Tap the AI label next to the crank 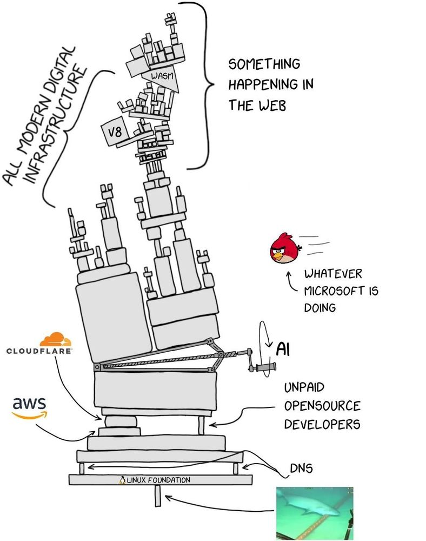click(283, 349)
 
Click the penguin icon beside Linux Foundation click(122, 479)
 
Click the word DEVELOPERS click(322, 424)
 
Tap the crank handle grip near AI click(265, 368)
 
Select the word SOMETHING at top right click(264, 64)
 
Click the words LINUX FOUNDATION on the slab click(158, 480)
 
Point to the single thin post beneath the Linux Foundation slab click(157, 496)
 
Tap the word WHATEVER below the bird click(333, 274)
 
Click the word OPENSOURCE click(322, 406)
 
